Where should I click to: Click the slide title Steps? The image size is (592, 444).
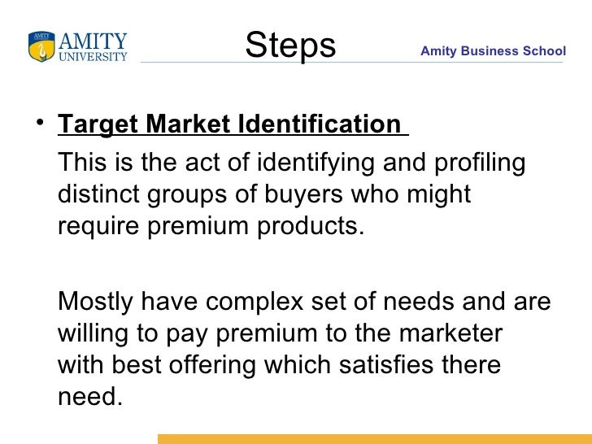point(290,46)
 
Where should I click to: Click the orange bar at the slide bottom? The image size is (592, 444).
point(374,438)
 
